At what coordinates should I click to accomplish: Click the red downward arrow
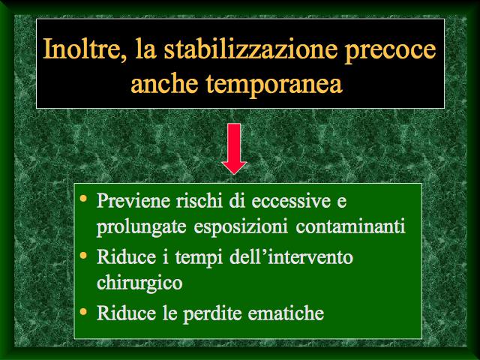coord(234,148)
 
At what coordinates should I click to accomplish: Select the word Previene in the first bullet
coord(133,201)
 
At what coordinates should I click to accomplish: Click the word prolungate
coord(142,227)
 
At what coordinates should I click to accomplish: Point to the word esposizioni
coord(241,227)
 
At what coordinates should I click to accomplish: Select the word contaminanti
coord(350,226)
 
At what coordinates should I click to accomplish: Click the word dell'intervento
coord(291,256)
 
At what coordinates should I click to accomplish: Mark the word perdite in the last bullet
coord(211,313)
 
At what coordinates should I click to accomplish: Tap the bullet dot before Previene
coord(83,199)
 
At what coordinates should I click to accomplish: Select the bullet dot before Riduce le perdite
coord(83,312)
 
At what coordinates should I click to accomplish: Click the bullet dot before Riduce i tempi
coord(83,255)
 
